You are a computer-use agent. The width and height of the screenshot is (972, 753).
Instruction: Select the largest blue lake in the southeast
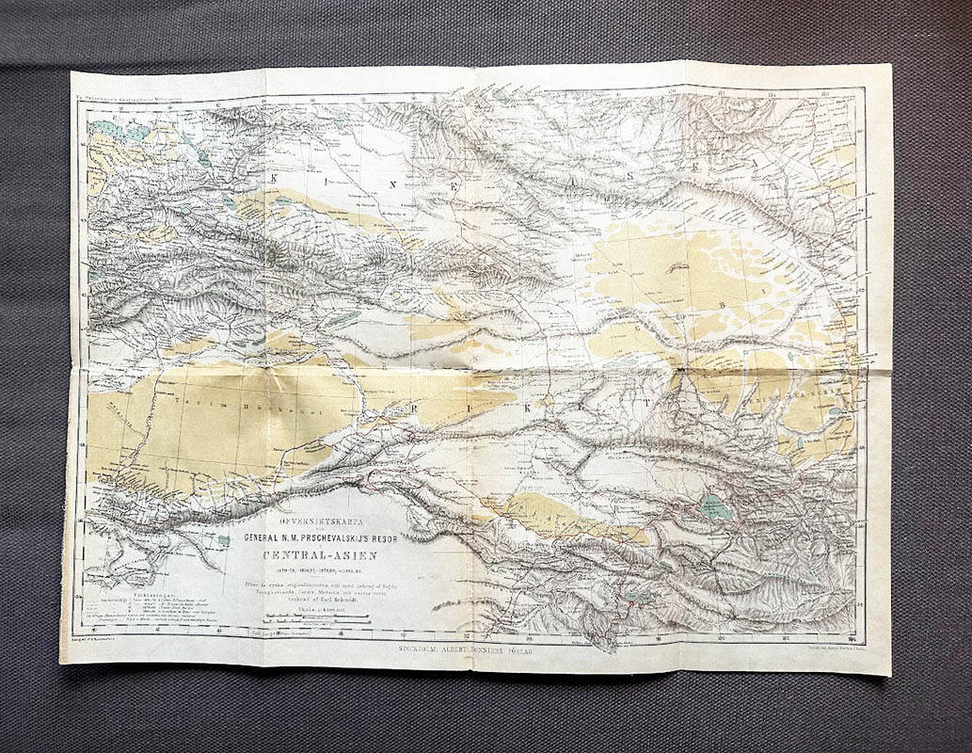[715, 508]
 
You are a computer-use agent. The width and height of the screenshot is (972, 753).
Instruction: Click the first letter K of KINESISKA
[274, 178]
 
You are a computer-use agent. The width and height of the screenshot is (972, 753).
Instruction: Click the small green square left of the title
[222, 540]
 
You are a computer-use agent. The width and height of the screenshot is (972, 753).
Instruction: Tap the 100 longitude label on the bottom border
[720, 636]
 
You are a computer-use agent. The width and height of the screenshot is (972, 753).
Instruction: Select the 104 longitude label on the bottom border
[850, 637]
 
